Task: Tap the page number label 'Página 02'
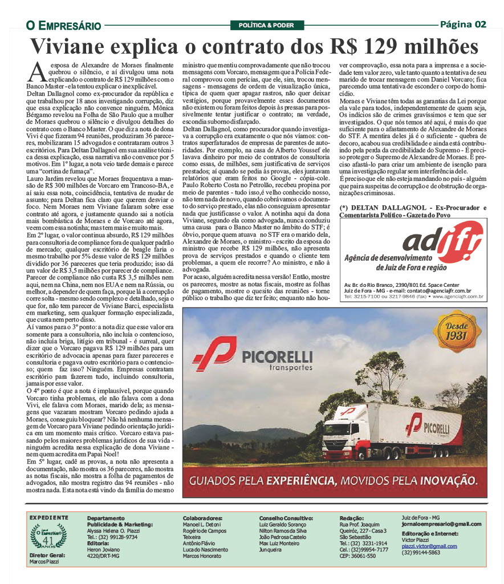(x=463, y=24)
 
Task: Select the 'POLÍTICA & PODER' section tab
(x=262, y=25)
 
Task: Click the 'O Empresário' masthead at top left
(x=63, y=25)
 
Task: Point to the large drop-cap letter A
(x=36, y=72)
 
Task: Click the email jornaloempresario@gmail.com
(x=441, y=524)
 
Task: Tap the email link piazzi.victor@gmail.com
(x=429, y=546)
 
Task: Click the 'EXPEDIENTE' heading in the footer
(x=48, y=517)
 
